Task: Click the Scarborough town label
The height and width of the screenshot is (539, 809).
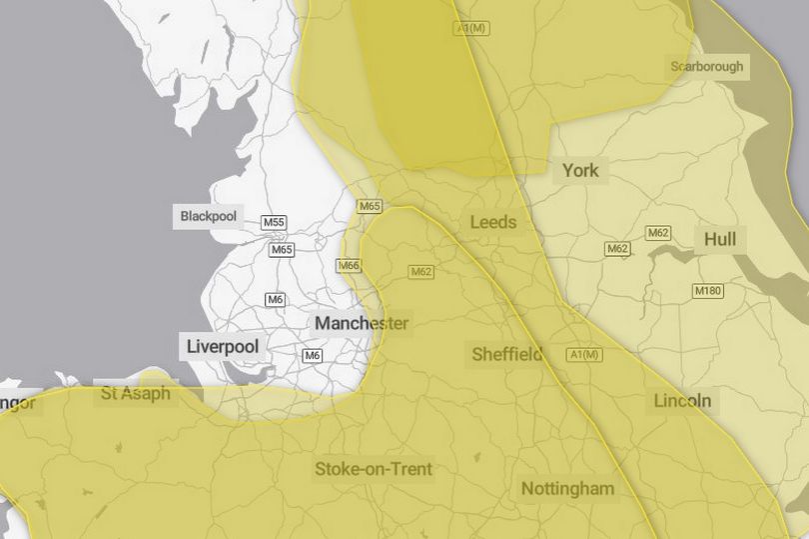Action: [x=707, y=66]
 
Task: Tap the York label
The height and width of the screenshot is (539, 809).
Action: [x=580, y=170]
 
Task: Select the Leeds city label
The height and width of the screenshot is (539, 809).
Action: [x=493, y=221]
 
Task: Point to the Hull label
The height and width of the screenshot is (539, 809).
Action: [x=720, y=240]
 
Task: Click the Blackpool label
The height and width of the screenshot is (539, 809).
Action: [x=209, y=216]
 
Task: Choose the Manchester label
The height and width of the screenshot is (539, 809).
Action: [x=362, y=323]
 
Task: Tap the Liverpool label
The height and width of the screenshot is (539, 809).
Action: [x=223, y=347]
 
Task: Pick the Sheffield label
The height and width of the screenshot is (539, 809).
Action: [x=507, y=353]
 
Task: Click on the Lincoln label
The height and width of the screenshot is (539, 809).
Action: [x=683, y=401]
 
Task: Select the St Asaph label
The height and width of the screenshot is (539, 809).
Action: [x=136, y=394]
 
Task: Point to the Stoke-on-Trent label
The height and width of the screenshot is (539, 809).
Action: [x=374, y=468]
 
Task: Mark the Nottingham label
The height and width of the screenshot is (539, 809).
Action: [x=567, y=489]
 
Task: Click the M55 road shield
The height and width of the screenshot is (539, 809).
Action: [x=274, y=222]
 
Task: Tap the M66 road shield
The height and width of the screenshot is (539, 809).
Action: [x=348, y=266]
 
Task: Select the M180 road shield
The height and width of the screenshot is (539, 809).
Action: [x=707, y=291]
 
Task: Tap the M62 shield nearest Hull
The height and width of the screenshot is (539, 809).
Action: [x=658, y=233]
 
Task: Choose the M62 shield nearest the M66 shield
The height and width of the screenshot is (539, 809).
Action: [x=420, y=271]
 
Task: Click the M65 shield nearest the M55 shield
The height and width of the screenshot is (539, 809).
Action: [x=282, y=250]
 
